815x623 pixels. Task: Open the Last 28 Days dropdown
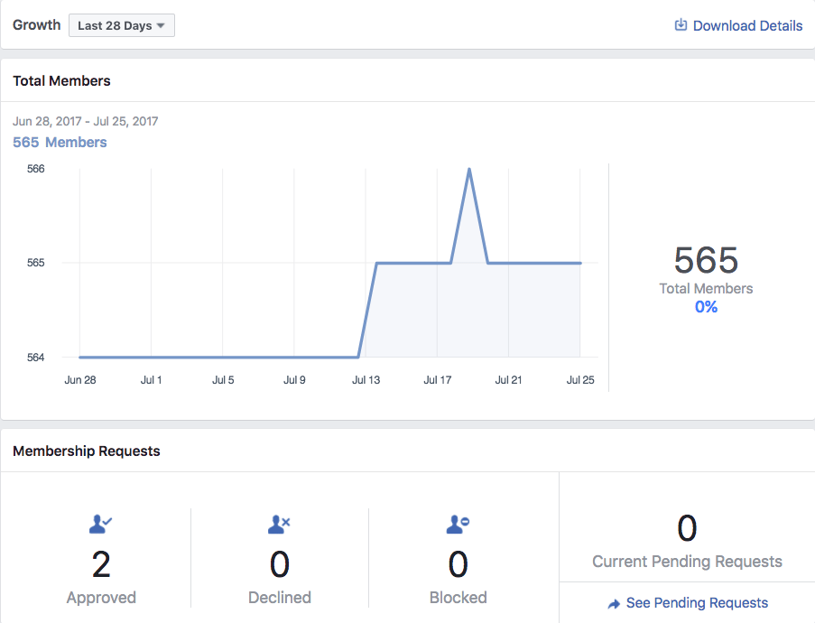tap(122, 25)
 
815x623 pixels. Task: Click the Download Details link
tap(738, 25)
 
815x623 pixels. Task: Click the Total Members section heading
tap(62, 81)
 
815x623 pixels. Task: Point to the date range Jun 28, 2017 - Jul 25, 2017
tap(85, 121)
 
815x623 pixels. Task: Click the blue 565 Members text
tap(60, 142)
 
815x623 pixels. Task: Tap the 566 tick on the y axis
tap(36, 169)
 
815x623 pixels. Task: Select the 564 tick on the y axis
tap(36, 358)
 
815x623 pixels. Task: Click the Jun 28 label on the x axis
tap(80, 380)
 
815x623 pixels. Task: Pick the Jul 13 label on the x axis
tap(366, 380)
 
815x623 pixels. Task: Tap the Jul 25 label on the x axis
tap(580, 380)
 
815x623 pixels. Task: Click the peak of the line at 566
tap(469, 169)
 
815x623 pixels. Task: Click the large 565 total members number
tap(706, 260)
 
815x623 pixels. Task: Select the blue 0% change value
tap(706, 307)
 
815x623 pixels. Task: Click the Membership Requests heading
tap(87, 451)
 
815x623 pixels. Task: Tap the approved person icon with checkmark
tap(101, 525)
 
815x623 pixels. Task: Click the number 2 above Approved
tap(101, 564)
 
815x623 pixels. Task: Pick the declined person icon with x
tap(279, 525)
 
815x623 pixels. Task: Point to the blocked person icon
tap(458, 525)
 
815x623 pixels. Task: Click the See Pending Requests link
tap(687, 603)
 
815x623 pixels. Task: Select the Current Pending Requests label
tap(687, 562)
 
